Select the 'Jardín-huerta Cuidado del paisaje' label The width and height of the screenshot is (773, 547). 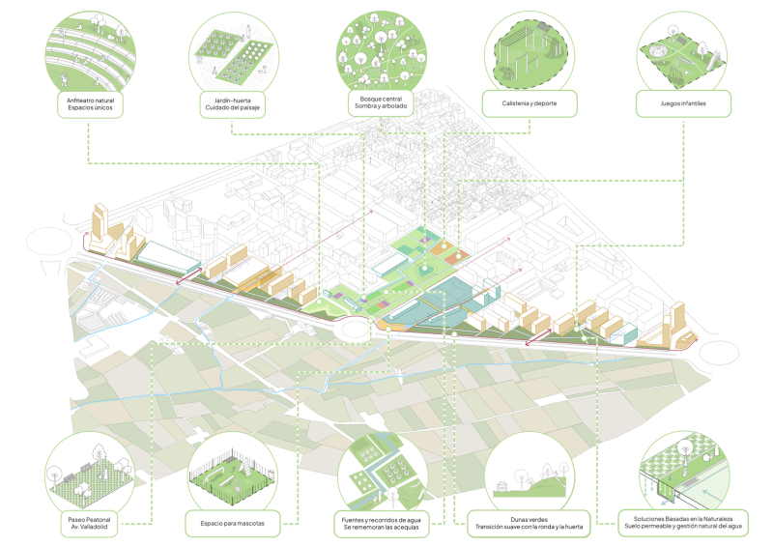point(233,102)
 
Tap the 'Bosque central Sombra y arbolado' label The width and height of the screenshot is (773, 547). point(381,102)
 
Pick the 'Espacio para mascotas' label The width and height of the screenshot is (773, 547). point(233,525)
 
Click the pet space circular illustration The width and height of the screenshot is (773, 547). point(233,475)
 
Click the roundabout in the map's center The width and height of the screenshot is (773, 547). point(357,328)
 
